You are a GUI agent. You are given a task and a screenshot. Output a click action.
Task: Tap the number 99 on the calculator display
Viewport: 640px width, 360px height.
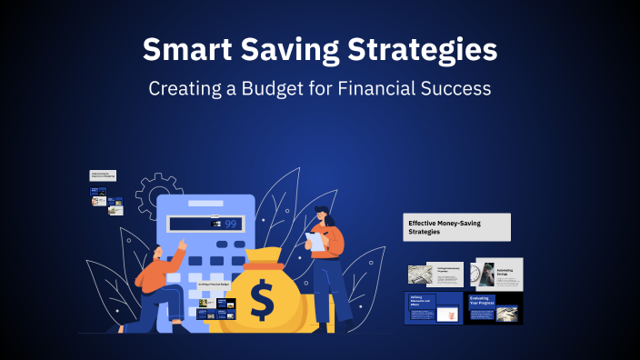(x=230, y=223)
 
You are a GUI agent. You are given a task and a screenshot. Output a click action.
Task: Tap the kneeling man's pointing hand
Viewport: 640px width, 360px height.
(x=182, y=244)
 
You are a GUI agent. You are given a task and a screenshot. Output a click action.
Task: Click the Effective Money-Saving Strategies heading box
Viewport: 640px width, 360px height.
(x=456, y=227)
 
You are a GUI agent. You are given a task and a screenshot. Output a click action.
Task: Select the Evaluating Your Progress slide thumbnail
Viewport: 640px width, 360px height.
(x=495, y=307)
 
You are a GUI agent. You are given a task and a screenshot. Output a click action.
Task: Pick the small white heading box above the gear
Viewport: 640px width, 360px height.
(x=103, y=175)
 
